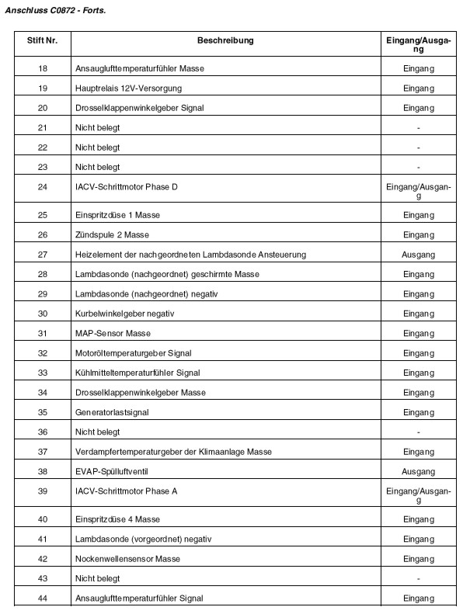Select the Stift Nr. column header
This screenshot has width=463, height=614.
(42, 40)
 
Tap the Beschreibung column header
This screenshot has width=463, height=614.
(225, 40)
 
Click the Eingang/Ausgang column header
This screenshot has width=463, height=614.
(418, 44)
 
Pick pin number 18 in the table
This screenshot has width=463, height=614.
(42, 69)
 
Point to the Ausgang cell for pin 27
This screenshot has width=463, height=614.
(418, 254)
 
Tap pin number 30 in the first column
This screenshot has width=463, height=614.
(42, 314)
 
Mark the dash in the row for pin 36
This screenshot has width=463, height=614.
(418, 432)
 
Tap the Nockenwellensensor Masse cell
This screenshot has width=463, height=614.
(127, 559)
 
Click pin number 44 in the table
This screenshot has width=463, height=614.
(42, 598)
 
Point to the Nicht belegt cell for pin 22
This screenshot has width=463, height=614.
(97, 147)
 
